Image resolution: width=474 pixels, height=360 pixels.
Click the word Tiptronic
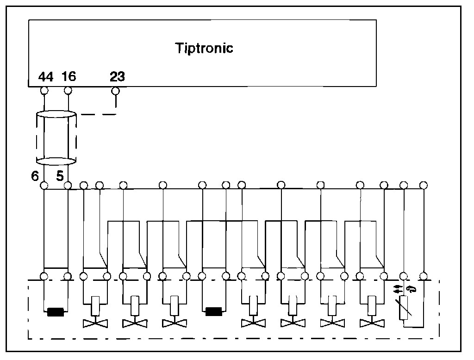coord(204,48)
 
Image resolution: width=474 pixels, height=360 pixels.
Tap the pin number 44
coord(45,77)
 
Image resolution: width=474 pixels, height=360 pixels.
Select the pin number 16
coord(68,77)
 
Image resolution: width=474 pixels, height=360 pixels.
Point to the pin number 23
coord(117,77)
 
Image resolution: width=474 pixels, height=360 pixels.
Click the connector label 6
coord(35,176)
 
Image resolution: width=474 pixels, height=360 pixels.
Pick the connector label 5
coord(60,176)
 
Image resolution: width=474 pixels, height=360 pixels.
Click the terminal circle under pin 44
coord(45,90)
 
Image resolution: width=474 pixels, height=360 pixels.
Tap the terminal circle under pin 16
coord(68,90)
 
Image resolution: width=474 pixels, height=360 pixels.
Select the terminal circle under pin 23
coord(116,90)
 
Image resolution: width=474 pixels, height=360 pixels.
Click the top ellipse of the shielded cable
coord(56,114)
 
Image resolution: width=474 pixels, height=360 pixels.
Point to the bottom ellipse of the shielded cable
coord(56,161)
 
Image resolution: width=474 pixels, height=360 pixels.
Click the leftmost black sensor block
coord(56,312)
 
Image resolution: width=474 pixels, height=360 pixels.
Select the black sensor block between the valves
coord(214,311)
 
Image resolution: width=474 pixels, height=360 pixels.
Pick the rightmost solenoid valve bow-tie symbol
coord(372,323)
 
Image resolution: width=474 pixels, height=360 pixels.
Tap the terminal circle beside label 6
coord(45,186)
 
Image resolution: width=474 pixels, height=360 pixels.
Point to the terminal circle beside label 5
coord(68,186)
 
